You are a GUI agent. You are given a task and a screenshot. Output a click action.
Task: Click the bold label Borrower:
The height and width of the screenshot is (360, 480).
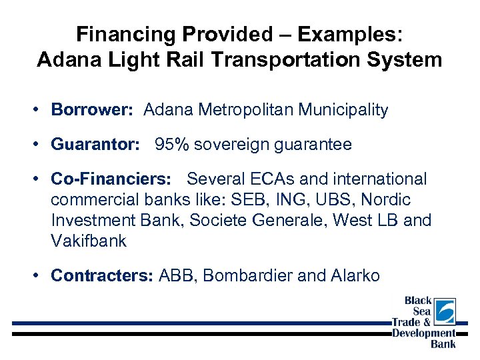(x=94, y=110)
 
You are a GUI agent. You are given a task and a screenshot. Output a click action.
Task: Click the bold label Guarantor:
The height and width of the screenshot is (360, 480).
(x=97, y=145)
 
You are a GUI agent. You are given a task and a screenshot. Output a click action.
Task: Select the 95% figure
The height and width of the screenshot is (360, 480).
(x=172, y=145)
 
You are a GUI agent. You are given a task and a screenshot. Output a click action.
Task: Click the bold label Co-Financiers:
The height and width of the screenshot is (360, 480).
(x=111, y=179)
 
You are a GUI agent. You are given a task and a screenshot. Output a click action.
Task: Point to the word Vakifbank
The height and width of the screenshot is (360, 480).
(x=89, y=241)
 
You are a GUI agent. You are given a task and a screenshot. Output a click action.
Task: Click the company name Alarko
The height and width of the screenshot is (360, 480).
(x=355, y=275)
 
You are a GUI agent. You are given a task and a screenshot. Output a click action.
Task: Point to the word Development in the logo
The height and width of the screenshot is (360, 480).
(x=424, y=333)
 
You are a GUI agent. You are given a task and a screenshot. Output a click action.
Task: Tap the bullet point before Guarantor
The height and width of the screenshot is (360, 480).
(x=41, y=145)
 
